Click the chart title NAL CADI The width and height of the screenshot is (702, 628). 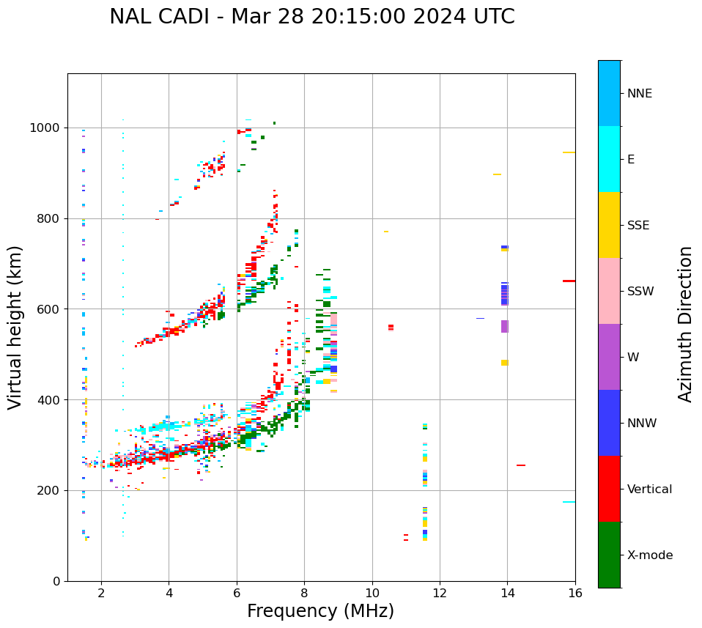(x=311, y=17)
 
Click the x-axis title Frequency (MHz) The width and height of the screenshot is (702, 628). (x=320, y=611)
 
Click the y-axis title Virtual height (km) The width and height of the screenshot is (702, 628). (x=15, y=327)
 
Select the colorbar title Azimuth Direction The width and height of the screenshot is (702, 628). (x=685, y=324)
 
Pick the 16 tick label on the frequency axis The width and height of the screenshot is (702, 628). (x=575, y=593)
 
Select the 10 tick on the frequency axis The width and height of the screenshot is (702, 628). (x=372, y=593)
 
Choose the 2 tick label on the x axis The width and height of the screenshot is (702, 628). (x=101, y=593)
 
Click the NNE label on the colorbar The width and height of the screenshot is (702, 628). (x=639, y=94)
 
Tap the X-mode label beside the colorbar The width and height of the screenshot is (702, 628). (x=649, y=555)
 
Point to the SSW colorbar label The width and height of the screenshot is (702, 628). (x=640, y=292)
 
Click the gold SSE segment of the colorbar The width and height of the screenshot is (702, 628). (x=609, y=225)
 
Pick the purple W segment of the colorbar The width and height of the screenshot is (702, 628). (x=609, y=357)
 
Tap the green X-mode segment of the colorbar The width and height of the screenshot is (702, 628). (x=609, y=555)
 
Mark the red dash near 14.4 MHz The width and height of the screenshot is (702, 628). (x=521, y=465)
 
